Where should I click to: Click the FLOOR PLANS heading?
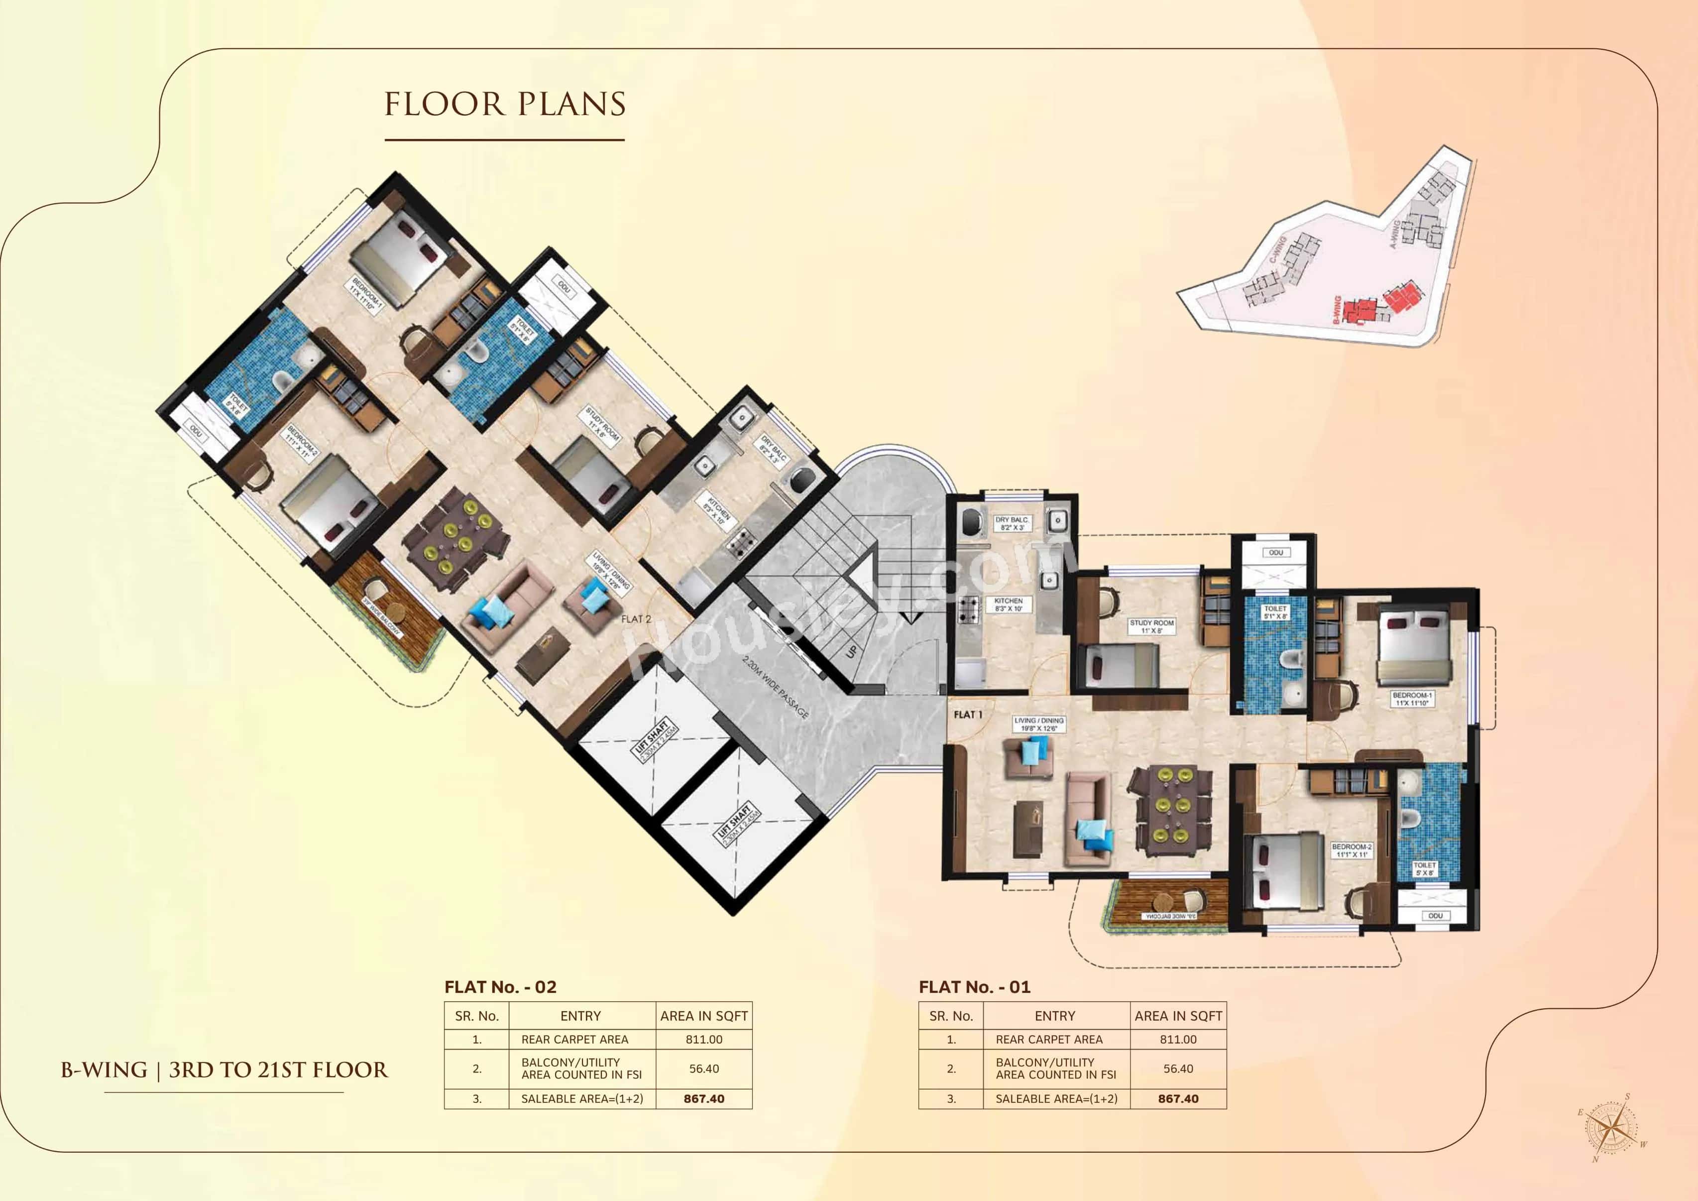[x=505, y=104]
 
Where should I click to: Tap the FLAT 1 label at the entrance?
[x=968, y=715]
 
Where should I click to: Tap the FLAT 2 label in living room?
[x=636, y=619]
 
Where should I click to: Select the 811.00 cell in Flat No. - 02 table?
[x=703, y=1039]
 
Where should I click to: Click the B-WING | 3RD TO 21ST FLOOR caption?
[x=224, y=1070]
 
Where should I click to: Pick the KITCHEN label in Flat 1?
[x=1008, y=604]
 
